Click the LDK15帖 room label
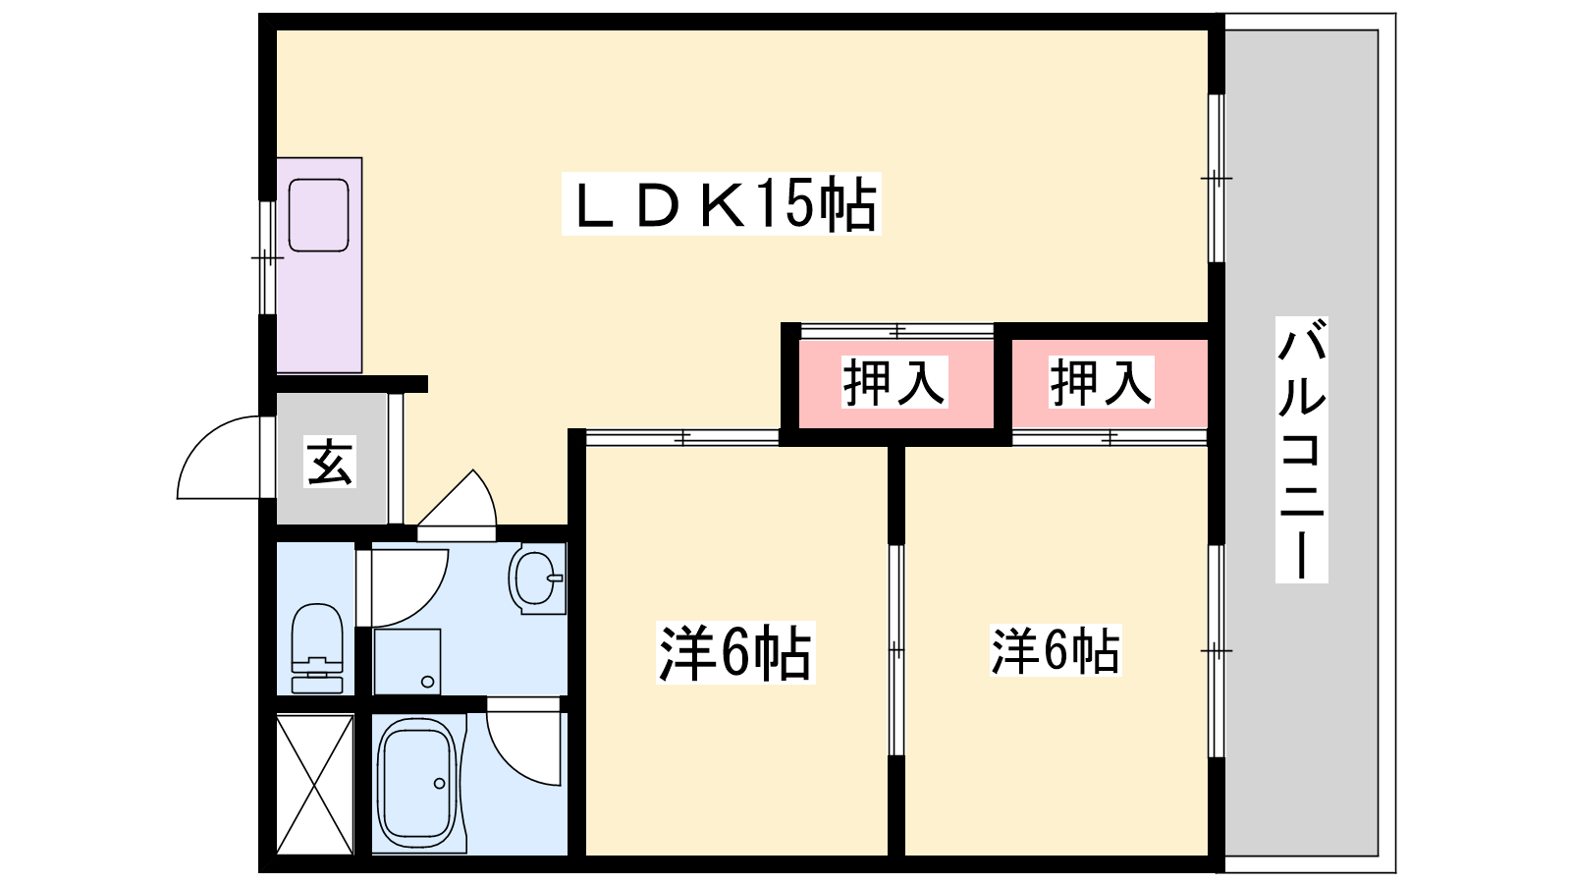[721, 203]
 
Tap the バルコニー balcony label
[1302, 450]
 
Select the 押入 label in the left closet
[894, 382]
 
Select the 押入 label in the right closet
[1101, 382]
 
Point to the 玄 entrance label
[330, 462]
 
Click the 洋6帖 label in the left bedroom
[735, 652]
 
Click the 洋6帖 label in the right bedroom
[1056, 650]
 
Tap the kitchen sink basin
[319, 215]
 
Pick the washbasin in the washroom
[537, 580]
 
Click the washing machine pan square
[407, 662]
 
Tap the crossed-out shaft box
[315, 785]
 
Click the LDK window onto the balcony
[1217, 178]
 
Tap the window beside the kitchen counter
[267, 258]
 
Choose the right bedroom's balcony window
[1217, 651]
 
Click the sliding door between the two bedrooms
[896, 649]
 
